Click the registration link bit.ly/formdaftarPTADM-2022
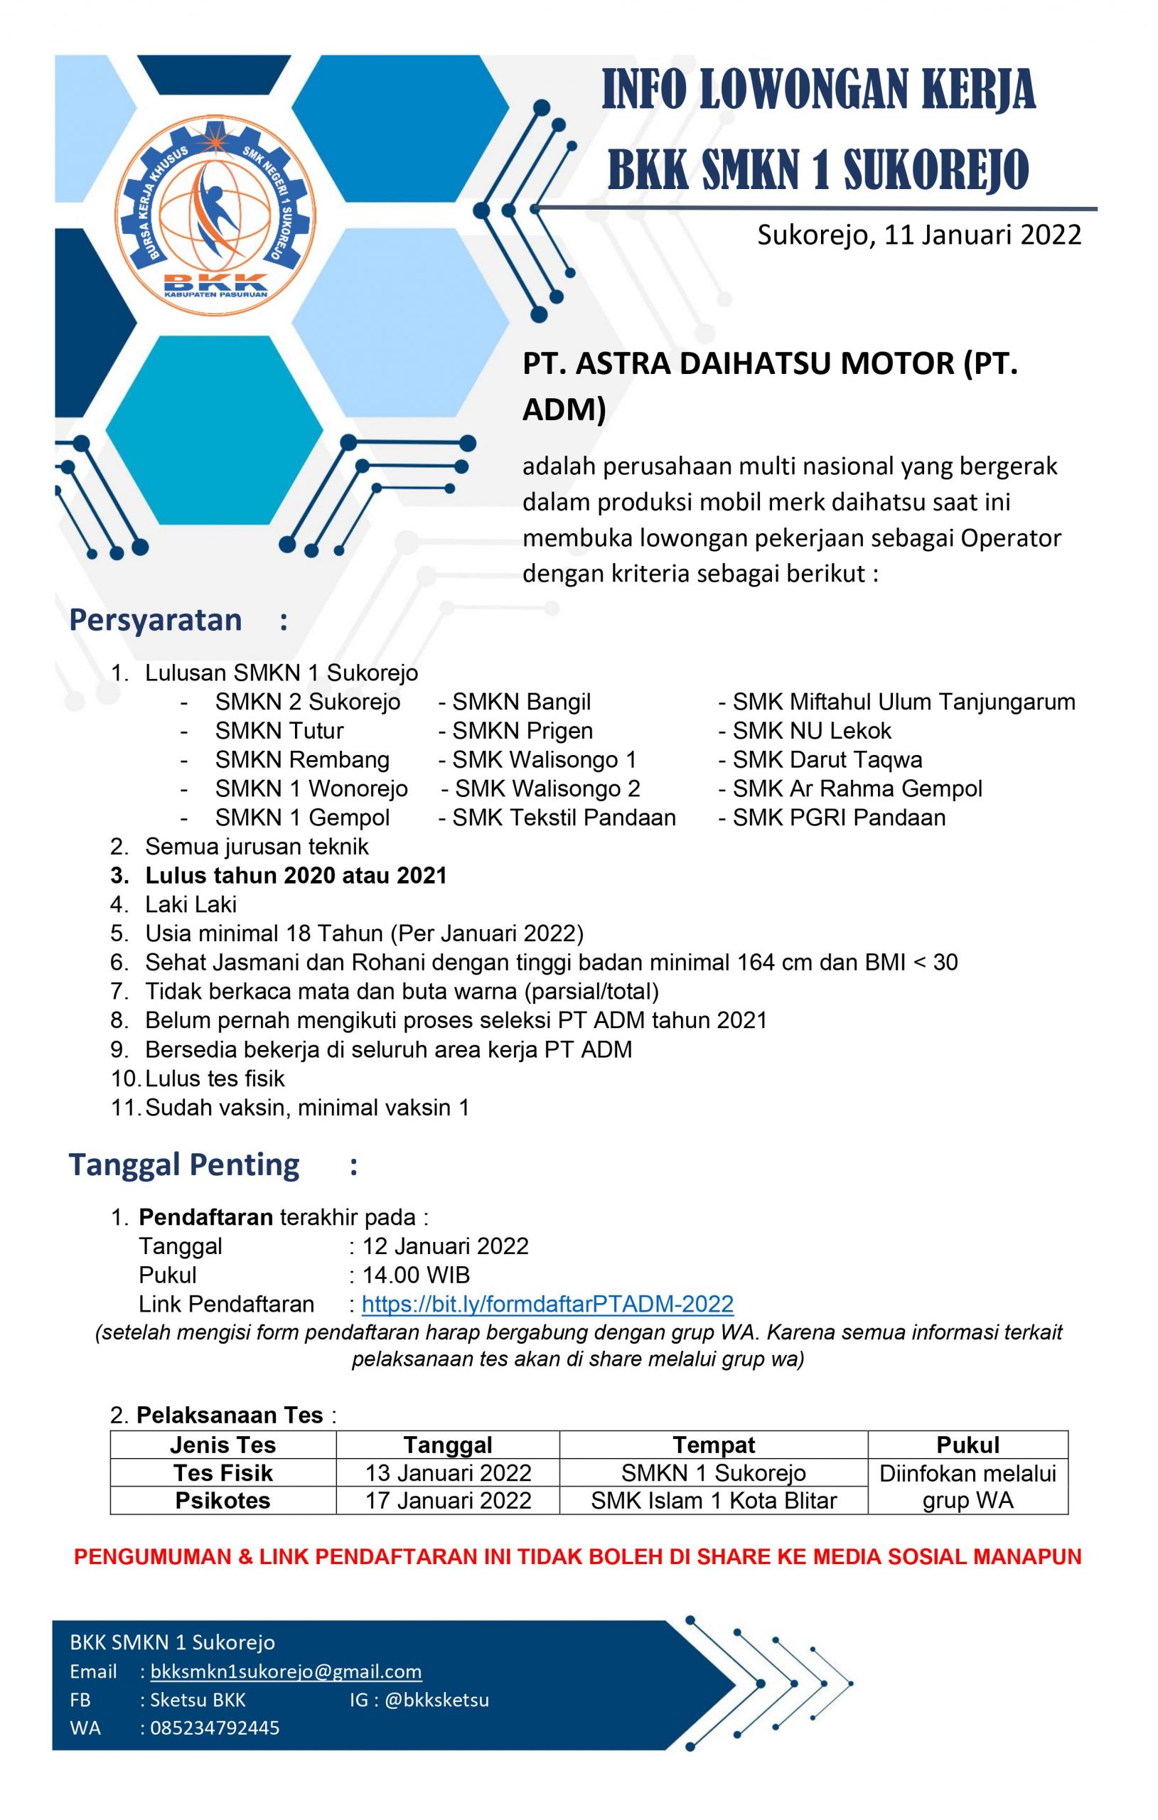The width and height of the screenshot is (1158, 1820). pyautogui.click(x=547, y=1304)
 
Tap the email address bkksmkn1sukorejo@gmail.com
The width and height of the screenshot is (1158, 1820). pyautogui.click(x=286, y=1671)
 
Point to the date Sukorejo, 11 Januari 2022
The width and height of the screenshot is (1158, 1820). pyautogui.click(x=919, y=235)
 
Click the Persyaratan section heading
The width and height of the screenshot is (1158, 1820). pyautogui.click(x=156, y=621)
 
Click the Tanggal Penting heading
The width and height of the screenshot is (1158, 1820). pyautogui.click(x=184, y=1165)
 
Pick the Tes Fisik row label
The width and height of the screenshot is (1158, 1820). pyautogui.click(x=223, y=1473)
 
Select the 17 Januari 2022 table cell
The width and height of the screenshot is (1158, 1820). pyautogui.click(x=449, y=1500)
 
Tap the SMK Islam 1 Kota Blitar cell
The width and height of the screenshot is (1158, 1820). pyautogui.click(x=714, y=1500)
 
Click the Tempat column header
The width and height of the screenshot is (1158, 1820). pyautogui.click(x=714, y=1445)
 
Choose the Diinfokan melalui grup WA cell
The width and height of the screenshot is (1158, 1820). pyautogui.click(x=967, y=1487)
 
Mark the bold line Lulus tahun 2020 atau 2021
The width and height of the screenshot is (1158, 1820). pyautogui.click(x=296, y=875)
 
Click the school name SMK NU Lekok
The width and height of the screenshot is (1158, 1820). pyautogui.click(x=812, y=731)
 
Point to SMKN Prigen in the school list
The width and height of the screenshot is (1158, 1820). pyautogui.click(x=522, y=731)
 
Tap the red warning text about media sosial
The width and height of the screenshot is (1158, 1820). pyautogui.click(x=578, y=1557)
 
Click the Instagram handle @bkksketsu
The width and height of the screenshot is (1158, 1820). pyautogui.click(x=437, y=1700)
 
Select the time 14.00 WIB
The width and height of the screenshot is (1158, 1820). pyautogui.click(x=417, y=1275)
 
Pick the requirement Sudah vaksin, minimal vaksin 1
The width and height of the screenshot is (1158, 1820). pyautogui.click(x=307, y=1108)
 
